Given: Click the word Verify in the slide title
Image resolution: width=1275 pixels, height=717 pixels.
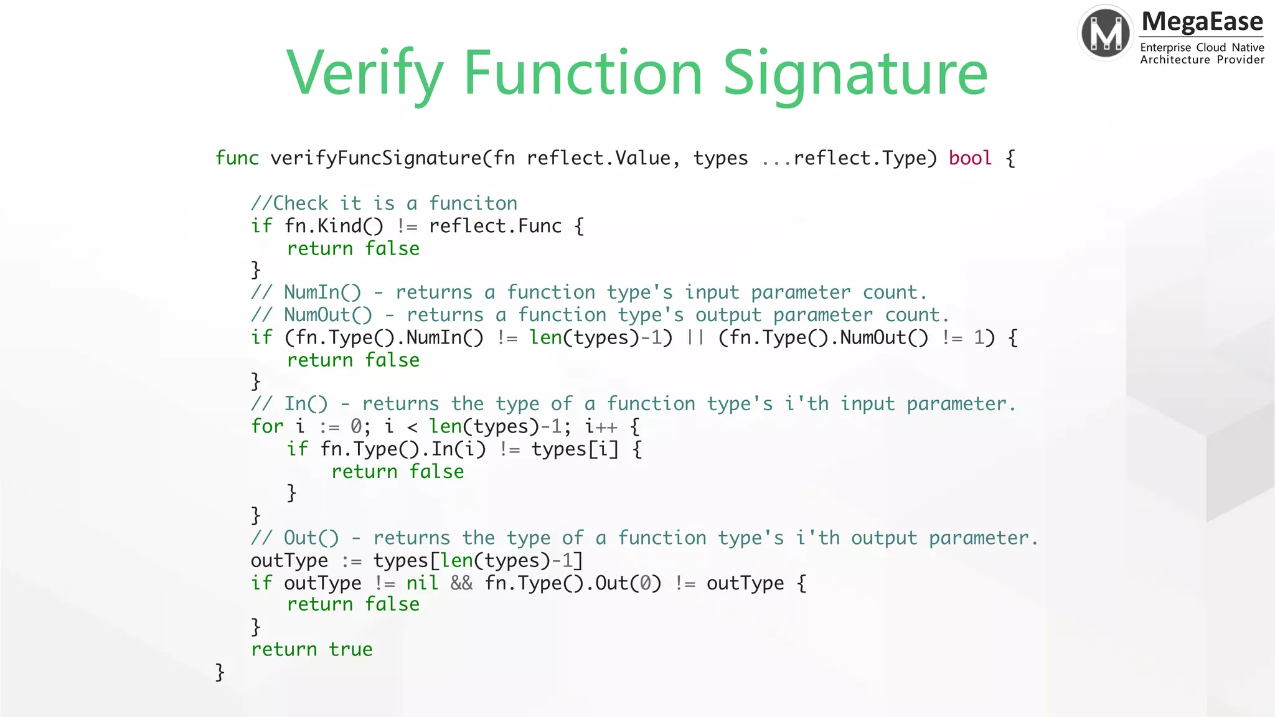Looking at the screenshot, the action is tap(365, 75).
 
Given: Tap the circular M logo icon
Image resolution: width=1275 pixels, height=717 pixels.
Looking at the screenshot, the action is tap(1106, 33).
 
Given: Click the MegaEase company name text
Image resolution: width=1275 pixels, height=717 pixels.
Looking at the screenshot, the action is tap(1202, 22).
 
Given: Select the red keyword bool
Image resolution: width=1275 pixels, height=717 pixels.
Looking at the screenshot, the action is tap(970, 158).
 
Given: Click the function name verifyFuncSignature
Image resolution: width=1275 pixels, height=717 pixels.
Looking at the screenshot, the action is tap(376, 158).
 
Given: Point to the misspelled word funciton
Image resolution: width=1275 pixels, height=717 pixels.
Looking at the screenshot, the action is tap(473, 204).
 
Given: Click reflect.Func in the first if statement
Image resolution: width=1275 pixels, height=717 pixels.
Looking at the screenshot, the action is tap(496, 226).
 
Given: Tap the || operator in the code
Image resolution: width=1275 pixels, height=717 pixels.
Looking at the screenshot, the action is tap(695, 338).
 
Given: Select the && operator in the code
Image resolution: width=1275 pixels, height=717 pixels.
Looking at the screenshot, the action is tap(461, 583).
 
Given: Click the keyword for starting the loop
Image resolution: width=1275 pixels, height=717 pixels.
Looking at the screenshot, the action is tap(267, 426).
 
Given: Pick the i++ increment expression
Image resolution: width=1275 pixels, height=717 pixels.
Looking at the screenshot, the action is tap(601, 426).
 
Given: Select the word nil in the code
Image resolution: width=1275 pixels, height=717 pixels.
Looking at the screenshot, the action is tap(422, 583).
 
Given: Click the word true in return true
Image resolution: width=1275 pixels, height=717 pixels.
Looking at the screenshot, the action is tap(351, 650).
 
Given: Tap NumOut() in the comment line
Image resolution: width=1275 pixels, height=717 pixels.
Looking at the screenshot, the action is tap(328, 315).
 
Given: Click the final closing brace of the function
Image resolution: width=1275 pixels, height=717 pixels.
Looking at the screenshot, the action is tap(220, 672).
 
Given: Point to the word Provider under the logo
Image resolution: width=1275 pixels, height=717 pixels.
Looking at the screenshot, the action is tap(1240, 60).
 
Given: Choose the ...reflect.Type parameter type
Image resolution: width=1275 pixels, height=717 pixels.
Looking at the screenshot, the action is tap(849, 158).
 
